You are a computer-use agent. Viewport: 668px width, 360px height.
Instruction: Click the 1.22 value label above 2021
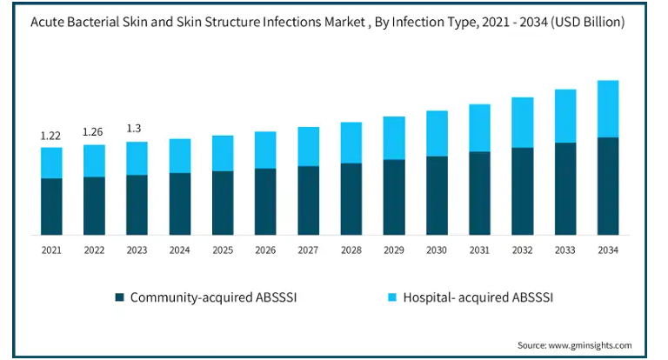coord(50,136)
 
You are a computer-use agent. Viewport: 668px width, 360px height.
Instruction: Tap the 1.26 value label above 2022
coord(93,132)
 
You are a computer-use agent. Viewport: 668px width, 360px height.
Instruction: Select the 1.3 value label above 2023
coord(136,129)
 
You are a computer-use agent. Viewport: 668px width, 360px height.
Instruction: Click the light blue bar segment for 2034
coord(608,109)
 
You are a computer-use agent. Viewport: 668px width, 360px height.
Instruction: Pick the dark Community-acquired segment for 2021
coord(51,206)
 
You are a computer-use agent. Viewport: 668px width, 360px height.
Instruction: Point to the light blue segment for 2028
coord(351,143)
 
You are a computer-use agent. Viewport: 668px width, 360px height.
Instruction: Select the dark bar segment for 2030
coord(437,196)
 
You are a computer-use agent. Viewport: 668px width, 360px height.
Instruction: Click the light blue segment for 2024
coord(180,156)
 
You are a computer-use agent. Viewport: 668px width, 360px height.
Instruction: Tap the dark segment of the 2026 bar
coord(265,202)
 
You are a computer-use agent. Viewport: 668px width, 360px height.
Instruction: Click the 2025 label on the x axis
coord(223,250)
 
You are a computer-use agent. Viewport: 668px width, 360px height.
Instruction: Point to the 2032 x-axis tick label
coord(522,250)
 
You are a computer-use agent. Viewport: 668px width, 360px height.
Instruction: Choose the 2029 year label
coord(394,250)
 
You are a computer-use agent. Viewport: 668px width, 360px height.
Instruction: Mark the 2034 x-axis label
coord(608,250)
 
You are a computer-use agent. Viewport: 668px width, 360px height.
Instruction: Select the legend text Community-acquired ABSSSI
coord(216,297)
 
